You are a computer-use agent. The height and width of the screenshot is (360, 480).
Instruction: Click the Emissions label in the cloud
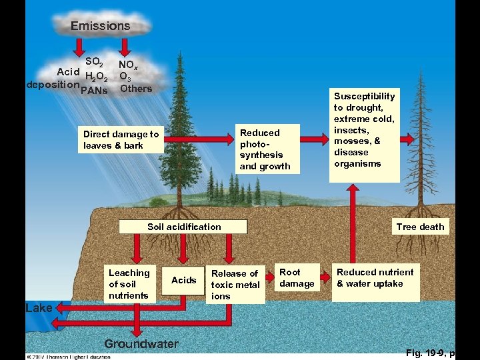(101, 26)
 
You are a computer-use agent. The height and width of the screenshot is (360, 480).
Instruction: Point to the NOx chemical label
(128, 65)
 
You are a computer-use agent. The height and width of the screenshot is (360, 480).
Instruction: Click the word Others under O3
(136, 88)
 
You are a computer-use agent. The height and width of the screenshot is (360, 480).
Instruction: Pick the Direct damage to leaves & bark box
(121, 140)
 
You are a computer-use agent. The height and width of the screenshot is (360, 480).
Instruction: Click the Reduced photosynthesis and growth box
(265, 149)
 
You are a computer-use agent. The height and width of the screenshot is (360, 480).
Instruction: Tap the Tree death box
(419, 227)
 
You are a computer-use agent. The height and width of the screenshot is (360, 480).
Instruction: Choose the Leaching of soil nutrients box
(129, 284)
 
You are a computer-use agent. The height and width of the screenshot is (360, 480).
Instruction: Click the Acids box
(183, 280)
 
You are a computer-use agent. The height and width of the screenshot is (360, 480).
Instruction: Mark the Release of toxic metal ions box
(235, 285)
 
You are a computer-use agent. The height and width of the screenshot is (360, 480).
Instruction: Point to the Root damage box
(297, 278)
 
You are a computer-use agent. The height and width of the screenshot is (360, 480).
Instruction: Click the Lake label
(38, 308)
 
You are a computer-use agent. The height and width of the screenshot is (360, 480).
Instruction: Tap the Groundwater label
(141, 344)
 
